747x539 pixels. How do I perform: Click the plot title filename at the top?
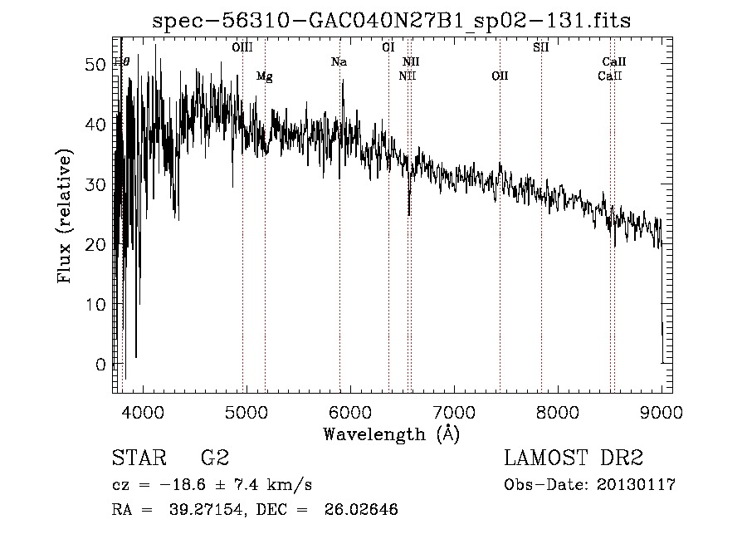coord(391,22)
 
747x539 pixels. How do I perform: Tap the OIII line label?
coord(242,47)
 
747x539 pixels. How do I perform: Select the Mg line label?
coord(264,76)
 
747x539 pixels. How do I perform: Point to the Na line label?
coord(339,61)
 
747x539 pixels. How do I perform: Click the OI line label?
coord(388,47)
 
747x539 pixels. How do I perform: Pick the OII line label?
coord(500,76)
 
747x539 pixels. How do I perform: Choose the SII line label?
coord(540,47)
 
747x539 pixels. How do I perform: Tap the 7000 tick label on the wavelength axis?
coord(453,412)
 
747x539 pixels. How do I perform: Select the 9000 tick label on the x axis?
coord(662,412)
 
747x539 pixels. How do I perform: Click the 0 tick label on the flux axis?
coord(101,365)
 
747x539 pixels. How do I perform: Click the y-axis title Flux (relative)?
coord(65,215)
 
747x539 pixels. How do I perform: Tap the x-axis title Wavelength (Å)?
coord(391,434)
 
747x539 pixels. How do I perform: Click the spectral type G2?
coord(215,458)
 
